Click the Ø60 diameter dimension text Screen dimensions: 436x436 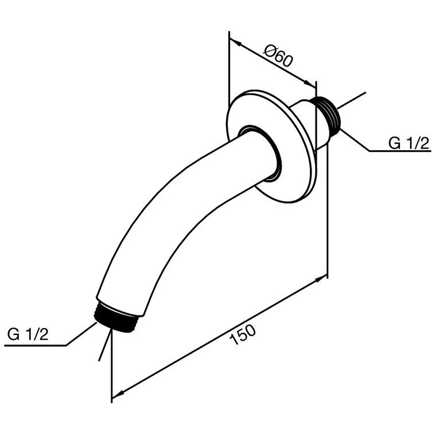click(279, 58)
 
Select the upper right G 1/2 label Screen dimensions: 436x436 click(408, 143)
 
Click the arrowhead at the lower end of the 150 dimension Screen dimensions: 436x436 click(116, 394)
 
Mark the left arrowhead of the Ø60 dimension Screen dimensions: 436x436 click(234, 41)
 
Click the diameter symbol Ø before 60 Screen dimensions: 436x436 click(270, 53)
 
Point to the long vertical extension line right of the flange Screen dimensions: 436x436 click(326, 229)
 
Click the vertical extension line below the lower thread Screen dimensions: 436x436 click(111, 367)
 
